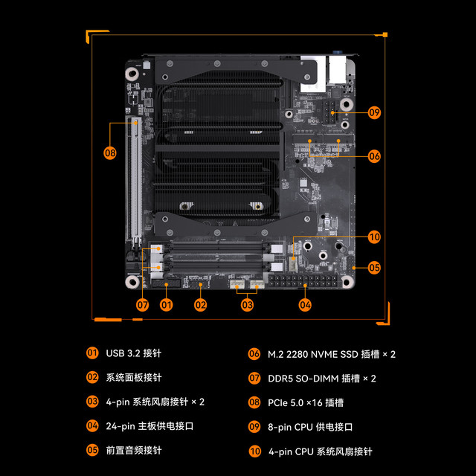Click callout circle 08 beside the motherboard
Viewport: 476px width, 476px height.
[110, 153]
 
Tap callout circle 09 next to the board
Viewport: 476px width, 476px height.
[374, 112]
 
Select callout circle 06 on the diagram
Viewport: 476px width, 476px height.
[374, 156]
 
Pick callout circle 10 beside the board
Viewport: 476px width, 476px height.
[374, 237]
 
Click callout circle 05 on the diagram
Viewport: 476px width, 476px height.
[374, 268]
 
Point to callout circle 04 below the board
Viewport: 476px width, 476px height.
[305, 305]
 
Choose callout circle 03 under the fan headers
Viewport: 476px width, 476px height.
[247, 305]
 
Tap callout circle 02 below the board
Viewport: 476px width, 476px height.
[200, 305]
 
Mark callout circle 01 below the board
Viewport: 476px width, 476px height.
[167, 305]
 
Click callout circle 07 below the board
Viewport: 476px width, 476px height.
[142, 305]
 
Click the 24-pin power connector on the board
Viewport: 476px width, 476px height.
[303, 281]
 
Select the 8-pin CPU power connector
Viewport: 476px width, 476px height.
[329, 112]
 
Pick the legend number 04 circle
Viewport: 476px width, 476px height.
[92, 425]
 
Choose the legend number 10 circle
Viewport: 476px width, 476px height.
[254, 451]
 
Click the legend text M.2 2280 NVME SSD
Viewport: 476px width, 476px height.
[313, 354]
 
